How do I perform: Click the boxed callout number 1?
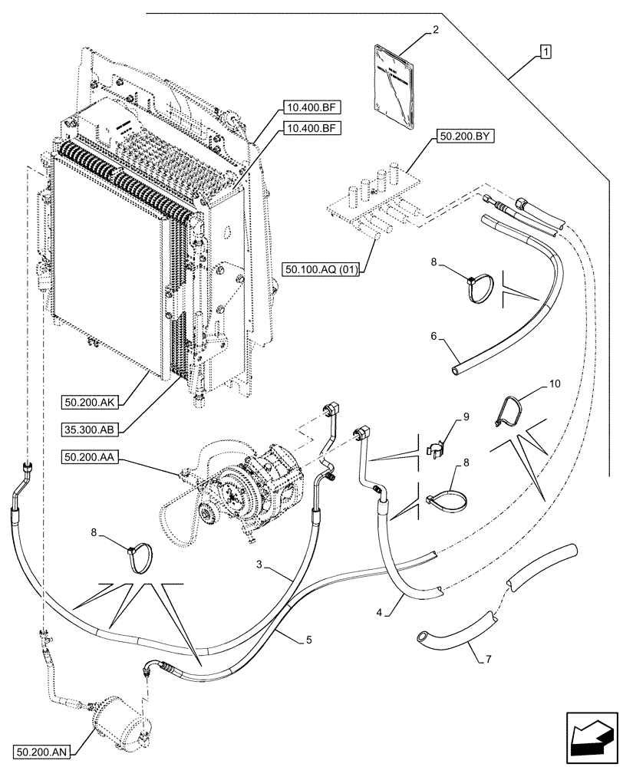click(x=544, y=52)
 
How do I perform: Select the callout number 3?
click(x=261, y=564)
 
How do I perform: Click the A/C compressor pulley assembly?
click(x=231, y=491)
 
